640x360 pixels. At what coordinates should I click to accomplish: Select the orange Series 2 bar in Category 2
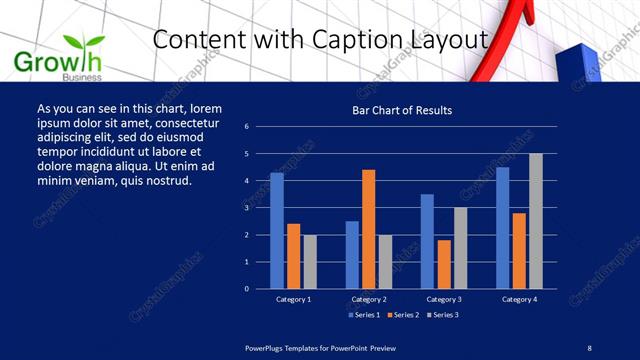coord(368,229)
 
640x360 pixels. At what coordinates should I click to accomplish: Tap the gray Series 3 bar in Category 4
coord(536,221)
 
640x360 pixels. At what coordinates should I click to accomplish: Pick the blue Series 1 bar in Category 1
coord(277,230)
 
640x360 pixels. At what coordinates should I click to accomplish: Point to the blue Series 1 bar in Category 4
coord(502,227)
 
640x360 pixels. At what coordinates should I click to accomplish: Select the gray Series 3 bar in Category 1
coord(310,261)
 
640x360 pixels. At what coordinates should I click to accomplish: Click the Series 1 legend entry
coord(364,315)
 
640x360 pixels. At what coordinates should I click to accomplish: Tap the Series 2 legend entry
coord(403,315)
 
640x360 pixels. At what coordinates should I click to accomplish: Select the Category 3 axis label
coord(444,299)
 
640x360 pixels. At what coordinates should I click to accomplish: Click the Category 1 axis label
coord(294,299)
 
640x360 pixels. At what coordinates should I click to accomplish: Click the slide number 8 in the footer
coord(589,347)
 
